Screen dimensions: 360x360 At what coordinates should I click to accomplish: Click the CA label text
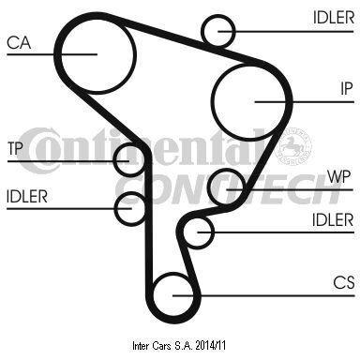pos(19,42)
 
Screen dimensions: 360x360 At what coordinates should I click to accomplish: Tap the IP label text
pos(346,89)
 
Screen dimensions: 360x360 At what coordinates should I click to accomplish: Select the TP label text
pos(15,148)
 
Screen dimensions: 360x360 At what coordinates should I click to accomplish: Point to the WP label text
pos(338,176)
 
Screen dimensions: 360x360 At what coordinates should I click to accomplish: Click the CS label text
pos(344,282)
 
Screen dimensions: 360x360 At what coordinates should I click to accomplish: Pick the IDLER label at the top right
pos(334,17)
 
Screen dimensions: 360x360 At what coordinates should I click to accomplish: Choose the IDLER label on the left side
pos(27,197)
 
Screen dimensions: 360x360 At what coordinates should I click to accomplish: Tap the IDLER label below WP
pos(333,219)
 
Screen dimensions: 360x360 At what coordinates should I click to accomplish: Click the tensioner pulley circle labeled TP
pos(113,159)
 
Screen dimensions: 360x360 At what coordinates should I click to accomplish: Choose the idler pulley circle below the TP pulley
pos(115,208)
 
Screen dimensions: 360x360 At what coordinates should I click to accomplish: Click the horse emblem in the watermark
pos(293,146)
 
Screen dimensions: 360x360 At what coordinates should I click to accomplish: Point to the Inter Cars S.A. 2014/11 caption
pos(179,346)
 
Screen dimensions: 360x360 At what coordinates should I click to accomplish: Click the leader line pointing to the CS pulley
pos(263,295)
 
